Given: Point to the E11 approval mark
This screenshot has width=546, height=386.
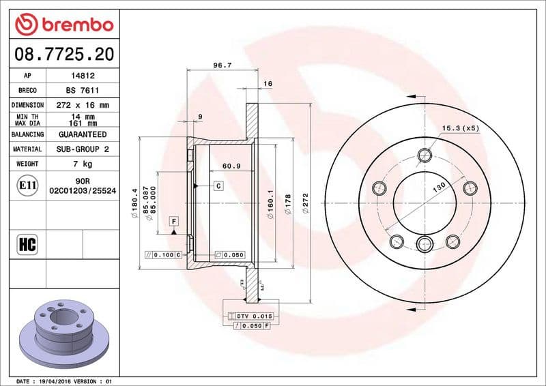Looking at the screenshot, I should [x=28, y=185].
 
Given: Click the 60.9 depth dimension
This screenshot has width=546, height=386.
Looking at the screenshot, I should [x=232, y=165].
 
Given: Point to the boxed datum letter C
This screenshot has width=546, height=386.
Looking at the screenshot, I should [x=218, y=185].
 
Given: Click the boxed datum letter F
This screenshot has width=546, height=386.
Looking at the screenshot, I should [x=174, y=222].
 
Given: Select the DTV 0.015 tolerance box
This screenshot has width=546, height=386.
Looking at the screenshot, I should [x=253, y=316].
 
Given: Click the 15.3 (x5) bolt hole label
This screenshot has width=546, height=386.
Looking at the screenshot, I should [x=461, y=128].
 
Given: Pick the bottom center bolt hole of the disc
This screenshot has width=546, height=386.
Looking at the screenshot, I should [x=425, y=244].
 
